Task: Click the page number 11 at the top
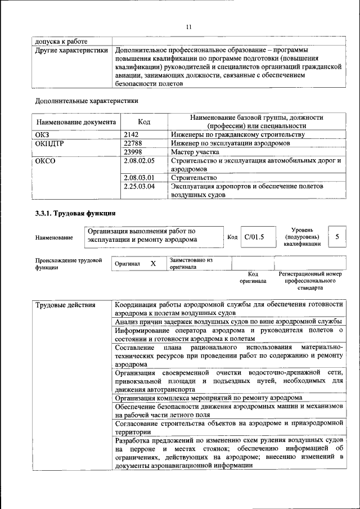pyautogui.click(x=189, y=26)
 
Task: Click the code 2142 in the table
pyautogui.click(x=131, y=135)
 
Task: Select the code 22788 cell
pyautogui.click(x=133, y=143)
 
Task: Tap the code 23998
pyautogui.click(x=133, y=152)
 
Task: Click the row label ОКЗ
pyautogui.click(x=43, y=135)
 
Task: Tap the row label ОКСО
pyautogui.click(x=46, y=161)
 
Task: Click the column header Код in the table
pyautogui.click(x=145, y=122)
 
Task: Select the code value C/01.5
pyautogui.click(x=254, y=237)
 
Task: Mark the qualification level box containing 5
pyautogui.click(x=337, y=237)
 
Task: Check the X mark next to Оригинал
pyautogui.click(x=153, y=263)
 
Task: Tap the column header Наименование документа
pyautogui.click(x=76, y=122)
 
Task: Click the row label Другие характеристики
pyautogui.click(x=71, y=50)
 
